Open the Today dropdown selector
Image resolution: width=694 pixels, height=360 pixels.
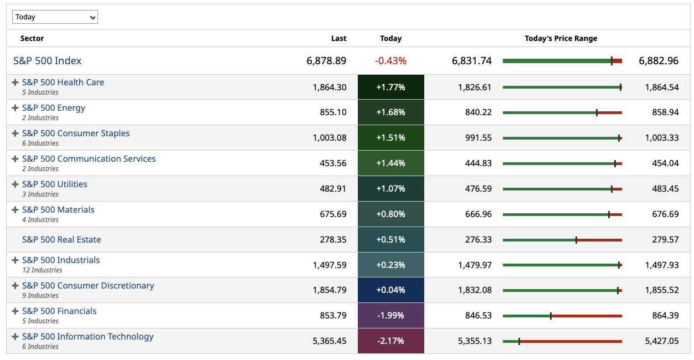click(55, 17)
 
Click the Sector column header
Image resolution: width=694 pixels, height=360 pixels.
click(32, 38)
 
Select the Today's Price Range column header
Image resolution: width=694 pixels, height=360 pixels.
click(561, 38)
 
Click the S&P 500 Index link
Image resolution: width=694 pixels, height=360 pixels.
click(48, 61)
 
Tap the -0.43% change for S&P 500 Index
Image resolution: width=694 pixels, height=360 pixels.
click(390, 61)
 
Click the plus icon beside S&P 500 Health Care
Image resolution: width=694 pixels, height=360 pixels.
click(16, 83)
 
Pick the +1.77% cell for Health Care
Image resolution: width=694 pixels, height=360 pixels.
click(390, 87)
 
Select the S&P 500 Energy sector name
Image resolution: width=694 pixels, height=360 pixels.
click(54, 108)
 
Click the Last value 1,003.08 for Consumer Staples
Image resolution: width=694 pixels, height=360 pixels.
click(330, 138)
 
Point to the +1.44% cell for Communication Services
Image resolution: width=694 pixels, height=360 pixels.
click(390, 163)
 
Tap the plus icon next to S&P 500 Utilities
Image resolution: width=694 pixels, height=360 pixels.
click(16, 184)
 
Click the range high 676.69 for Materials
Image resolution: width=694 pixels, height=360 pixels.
click(665, 214)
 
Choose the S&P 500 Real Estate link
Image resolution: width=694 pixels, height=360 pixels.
click(61, 240)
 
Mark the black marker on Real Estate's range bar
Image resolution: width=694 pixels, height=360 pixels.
click(576, 240)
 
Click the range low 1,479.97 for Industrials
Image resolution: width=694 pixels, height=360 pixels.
click(475, 265)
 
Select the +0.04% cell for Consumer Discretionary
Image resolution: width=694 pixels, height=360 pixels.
click(390, 290)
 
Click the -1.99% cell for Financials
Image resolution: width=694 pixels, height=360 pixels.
click(390, 316)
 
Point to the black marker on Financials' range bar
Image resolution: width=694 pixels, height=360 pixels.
click(551, 316)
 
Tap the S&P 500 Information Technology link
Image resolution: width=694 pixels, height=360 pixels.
click(88, 337)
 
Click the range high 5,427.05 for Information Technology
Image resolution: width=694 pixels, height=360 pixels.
click(661, 341)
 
